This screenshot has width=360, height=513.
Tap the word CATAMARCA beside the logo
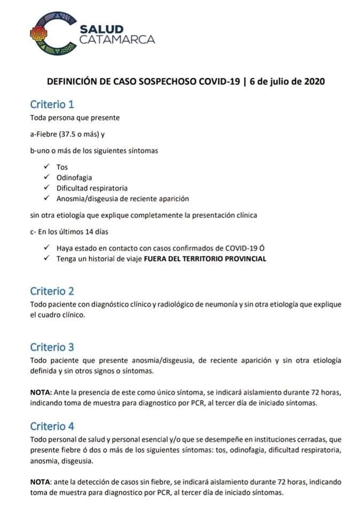(x=117, y=39)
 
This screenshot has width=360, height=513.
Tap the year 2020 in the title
(x=312, y=82)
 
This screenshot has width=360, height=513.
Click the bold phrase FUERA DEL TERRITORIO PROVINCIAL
(x=205, y=259)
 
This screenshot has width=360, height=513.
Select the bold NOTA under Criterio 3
(x=40, y=393)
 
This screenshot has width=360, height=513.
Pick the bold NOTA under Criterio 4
(x=40, y=482)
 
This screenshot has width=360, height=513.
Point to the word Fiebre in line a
(x=47, y=135)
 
